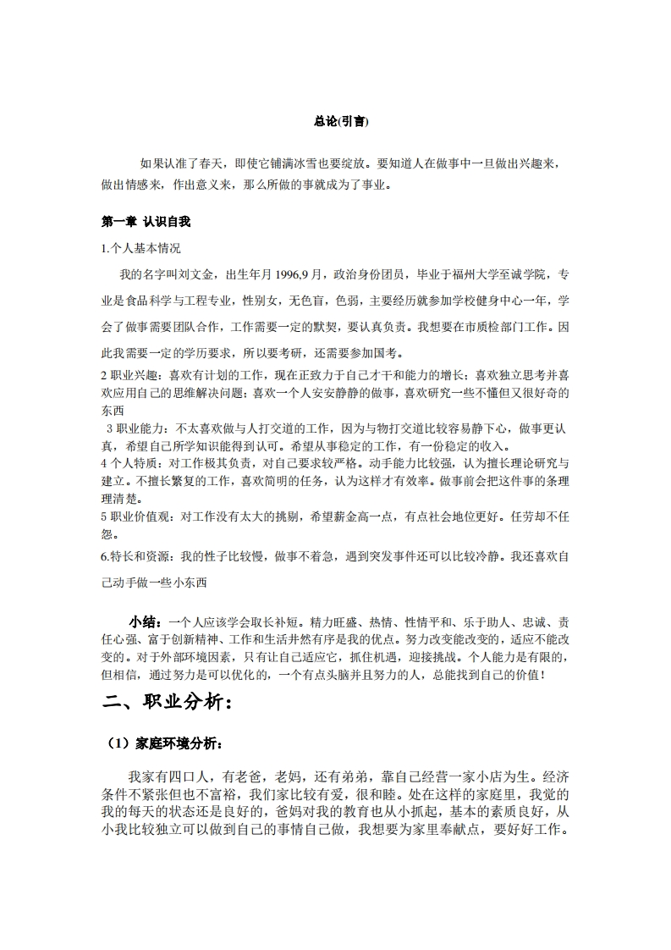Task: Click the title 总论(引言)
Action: tap(335, 122)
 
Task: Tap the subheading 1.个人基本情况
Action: tap(140, 248)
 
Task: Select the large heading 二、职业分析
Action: tap(167, 702)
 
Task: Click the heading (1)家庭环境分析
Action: tap(164, 743)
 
